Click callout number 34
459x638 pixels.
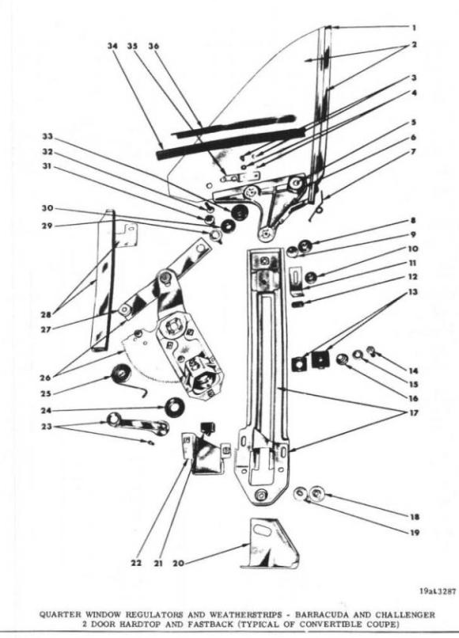tap(112, 46)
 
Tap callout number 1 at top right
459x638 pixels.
tap(413, 28)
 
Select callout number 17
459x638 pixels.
tap(413, 412)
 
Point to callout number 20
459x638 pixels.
tap(178, 563)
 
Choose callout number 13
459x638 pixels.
tap(412, 292)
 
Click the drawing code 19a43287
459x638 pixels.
tap(438, 591)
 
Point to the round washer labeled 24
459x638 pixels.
tap(174, 407)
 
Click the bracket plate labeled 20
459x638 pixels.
tap(269, 543)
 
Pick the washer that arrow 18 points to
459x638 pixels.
tap(317, 494)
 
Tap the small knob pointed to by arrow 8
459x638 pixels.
tap(305, 245)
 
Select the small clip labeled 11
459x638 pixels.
tap(296, 281)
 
